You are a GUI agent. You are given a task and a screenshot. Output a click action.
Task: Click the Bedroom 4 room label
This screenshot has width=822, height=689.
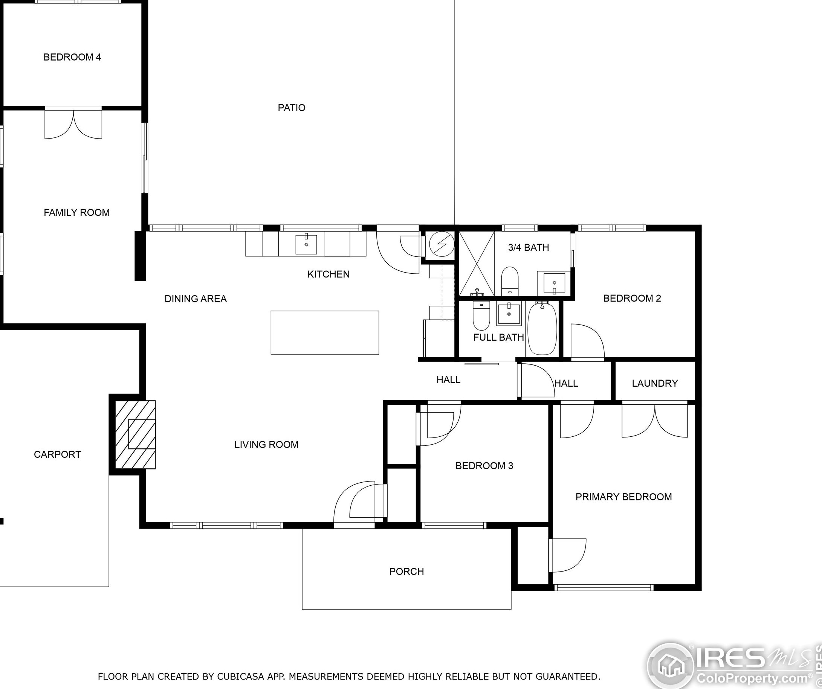tap(72, 57)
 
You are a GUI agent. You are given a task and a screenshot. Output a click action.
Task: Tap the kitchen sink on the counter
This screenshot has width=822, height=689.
tap(306, 244)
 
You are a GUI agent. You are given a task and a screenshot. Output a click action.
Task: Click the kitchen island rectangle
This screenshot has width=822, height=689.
tap(325, 332)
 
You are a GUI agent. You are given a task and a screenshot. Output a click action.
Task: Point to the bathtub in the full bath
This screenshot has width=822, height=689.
tap(542, 328)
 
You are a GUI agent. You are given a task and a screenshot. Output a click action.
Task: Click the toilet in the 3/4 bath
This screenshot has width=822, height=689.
tap(510, 281)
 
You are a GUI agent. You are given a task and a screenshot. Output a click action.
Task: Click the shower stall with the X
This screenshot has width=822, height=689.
tap(477, 264)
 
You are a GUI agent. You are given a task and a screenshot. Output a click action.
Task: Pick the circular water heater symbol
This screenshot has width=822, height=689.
tap(442, 244)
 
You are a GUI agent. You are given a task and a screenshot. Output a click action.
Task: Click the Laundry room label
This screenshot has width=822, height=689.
tap(655, 383)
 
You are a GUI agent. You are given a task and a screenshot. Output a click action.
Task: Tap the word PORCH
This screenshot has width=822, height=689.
tap(406, 572)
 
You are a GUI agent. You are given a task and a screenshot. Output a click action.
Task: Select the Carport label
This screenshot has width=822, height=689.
tap(57, 454)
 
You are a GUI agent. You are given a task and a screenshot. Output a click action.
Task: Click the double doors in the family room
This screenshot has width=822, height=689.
tap(73, 124)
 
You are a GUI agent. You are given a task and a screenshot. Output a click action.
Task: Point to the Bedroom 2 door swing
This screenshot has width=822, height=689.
tap(587, 340)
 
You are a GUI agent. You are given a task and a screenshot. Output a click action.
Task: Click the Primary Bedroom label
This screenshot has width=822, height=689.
tap(623, 497)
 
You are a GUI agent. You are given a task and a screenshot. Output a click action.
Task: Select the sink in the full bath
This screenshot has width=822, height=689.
tap(509, 313)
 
